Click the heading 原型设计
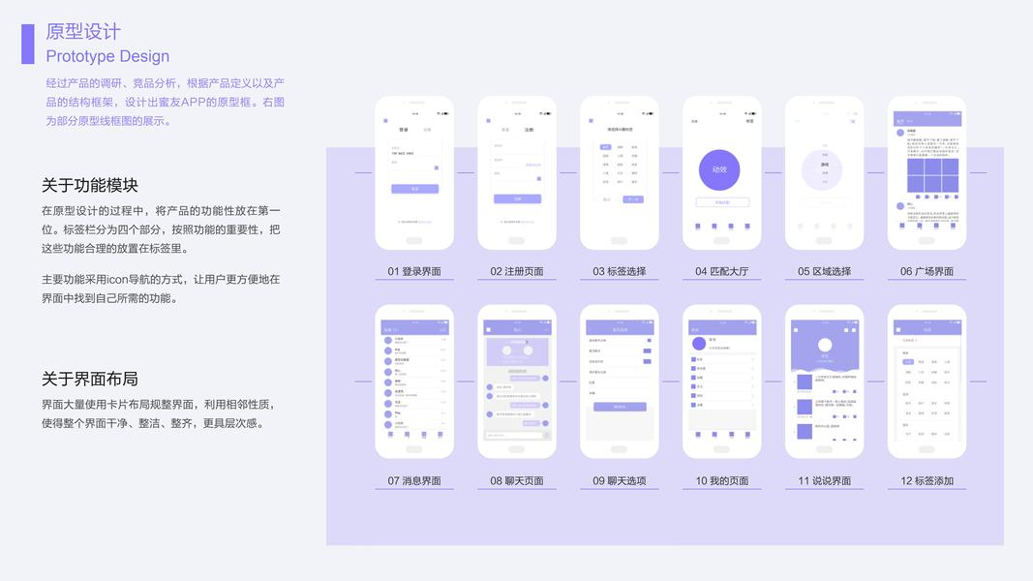83,32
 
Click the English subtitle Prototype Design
107,56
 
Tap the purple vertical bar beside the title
28,44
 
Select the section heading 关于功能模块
90,185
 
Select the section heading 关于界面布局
90,378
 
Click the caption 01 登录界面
414,271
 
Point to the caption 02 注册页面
517,271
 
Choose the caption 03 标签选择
620,271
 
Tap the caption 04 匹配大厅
722,271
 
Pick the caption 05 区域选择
825,271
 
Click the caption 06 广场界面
927,271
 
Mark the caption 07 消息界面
414,480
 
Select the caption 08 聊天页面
517,480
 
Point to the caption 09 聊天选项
620,480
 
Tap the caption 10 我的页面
722,480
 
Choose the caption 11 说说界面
825,480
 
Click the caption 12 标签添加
927,480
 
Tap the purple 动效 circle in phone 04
719,169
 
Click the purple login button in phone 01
414,189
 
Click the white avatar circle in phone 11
825,345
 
